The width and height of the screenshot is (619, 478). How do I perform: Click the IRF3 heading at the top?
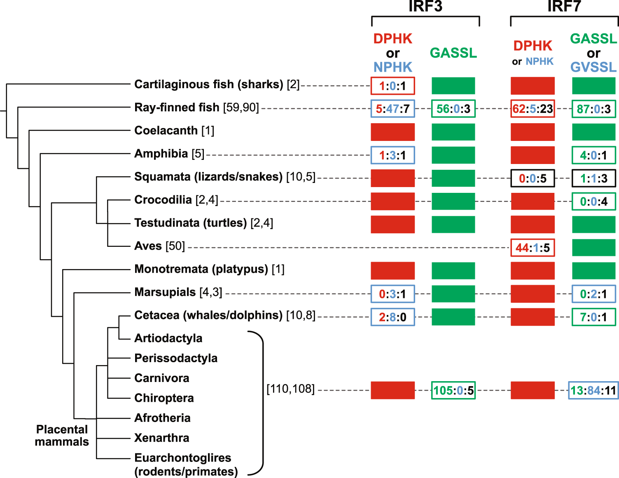(425, 7)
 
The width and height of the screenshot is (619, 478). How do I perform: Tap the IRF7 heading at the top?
(564, 7)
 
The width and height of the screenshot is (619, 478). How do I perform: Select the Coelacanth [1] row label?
(174, 131)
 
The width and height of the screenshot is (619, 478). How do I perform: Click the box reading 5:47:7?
(392, 109)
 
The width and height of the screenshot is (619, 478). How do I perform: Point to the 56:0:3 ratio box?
(453, 109)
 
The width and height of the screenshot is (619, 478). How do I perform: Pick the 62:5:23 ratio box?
(533, 109)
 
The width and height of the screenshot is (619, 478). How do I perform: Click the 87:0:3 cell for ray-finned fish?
(593, 109)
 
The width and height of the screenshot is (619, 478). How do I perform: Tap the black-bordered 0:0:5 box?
(533, 178)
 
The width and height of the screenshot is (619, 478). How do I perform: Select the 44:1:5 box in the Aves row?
(533, 248)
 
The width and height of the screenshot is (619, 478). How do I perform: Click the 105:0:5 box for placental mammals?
(453, 390)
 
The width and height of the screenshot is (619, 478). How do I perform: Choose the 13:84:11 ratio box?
(593, 390)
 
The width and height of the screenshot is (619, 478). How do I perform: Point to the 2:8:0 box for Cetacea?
(392, 317)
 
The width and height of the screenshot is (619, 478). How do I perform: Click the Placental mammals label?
(62, 436)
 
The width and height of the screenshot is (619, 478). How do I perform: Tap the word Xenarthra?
(162, 438)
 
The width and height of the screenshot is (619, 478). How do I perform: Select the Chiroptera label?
(164, 398)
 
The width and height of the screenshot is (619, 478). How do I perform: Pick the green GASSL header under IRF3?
(453, 53)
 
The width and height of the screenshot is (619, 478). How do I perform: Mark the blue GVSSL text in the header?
(593, 67)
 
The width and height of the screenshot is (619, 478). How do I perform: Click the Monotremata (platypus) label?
(209, 269)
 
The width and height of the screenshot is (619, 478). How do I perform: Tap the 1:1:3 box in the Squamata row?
(593, 178)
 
